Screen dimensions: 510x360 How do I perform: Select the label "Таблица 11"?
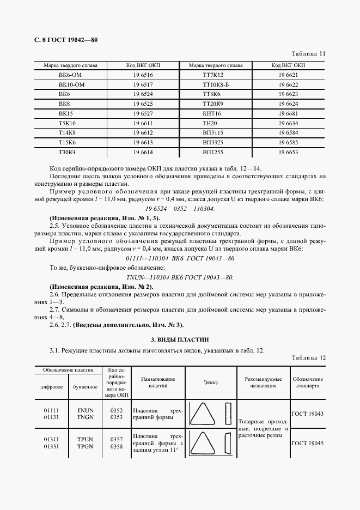click(x=308, y=54)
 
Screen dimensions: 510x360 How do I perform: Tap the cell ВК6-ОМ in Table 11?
click(x=71, y=74)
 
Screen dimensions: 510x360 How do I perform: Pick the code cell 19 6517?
click(x=143, y=84)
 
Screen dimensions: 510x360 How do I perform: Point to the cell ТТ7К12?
click(x=213, y=74)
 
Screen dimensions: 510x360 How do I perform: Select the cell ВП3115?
click(x=213, y=133)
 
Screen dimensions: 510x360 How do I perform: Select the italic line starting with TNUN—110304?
click(x=180, y=277)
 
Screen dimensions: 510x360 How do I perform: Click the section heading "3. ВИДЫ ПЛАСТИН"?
click(x=179, y=339)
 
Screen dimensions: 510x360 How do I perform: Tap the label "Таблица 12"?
click(x=308, y=358)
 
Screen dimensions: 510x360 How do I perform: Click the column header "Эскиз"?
click(x=211, y=382)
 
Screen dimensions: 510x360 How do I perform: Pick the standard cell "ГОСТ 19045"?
click(x=307, y=444)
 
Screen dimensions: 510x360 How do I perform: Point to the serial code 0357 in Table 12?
click(x=117, y=439)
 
